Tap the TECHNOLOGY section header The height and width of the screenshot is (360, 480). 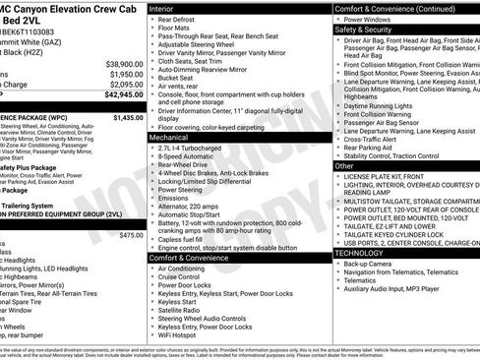[360, 253]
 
